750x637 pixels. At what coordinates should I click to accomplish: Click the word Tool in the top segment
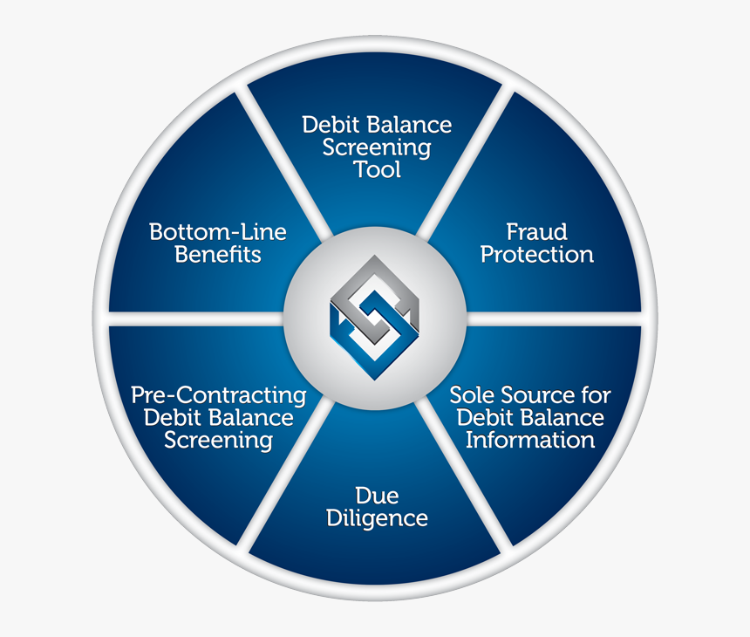point(378,169)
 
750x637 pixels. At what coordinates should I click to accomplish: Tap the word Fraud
point(537,232)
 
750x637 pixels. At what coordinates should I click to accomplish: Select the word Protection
point(537,255)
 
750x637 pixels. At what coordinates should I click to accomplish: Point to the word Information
point(530,440)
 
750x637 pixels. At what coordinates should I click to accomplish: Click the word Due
point(377,497)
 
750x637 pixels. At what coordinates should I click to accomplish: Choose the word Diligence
point(377,519)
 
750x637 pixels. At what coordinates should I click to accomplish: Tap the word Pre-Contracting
point(218,395)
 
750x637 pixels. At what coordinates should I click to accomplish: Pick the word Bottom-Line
point(218,232)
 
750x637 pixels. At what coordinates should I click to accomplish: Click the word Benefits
point(218,255)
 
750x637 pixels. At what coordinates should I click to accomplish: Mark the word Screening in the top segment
point(377,147)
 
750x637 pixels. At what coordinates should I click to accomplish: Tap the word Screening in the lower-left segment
point(218,440)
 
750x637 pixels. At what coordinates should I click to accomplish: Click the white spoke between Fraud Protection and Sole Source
point(558,318)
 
